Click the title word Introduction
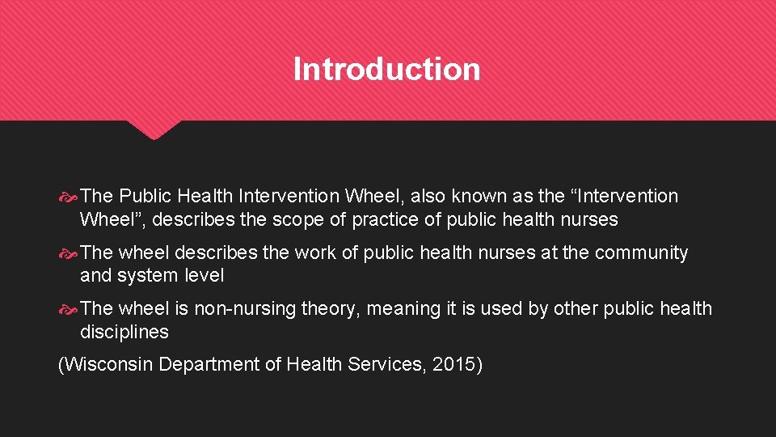386,69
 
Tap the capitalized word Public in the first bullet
147,196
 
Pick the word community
641,252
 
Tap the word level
205,275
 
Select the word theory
330,308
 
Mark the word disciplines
124,332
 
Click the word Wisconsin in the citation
108,365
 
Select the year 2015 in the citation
454,365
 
